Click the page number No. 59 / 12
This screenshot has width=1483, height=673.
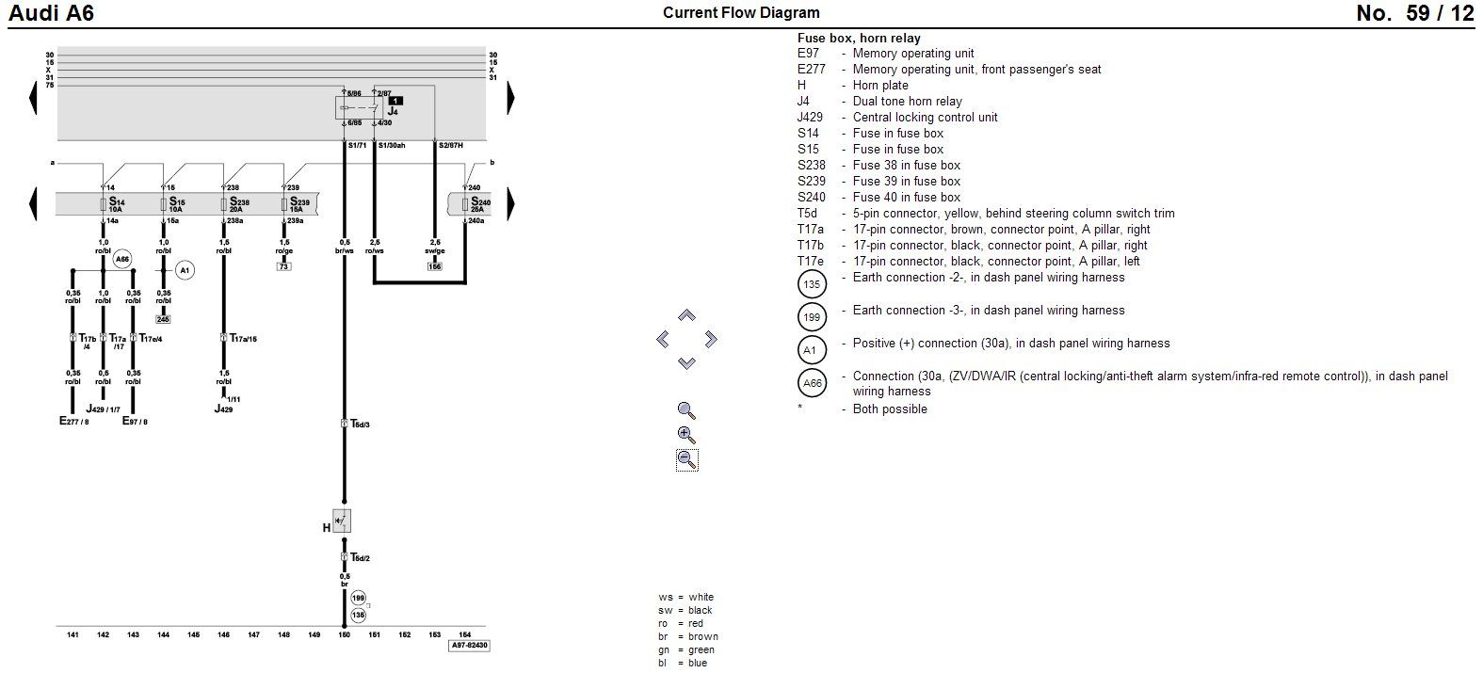pyautogui.click(x=1414, y=13)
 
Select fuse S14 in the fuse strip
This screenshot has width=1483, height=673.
pyautogui.click(x=113, y=204)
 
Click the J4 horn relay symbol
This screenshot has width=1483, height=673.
pyautogui.click(x=358, y=107)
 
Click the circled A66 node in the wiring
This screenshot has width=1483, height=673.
pyautogui.click(x=123, y=259)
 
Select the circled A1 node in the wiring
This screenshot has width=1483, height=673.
pyautogui.click(x=185, y=271)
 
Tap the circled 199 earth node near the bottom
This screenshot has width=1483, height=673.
pyautogui.click(x=358, y=598)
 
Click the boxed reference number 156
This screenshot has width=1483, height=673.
pyautogui.click(x=434, y=266)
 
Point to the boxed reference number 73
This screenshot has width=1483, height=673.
pyautogui.click(x=283, y=266)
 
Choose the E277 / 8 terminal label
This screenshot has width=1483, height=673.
pyautogui.click(x=74, y=422)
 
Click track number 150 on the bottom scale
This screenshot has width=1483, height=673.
pyautogui.click(x=344, y=635)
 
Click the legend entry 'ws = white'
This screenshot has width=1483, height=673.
pyautogui.click(x=685, y=597)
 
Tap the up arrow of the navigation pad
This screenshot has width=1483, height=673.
pyautogui.click(x=686, y=315)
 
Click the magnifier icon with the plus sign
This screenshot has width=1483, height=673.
pyautogui.click(x=686, y=435)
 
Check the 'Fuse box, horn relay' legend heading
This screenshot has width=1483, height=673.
pyautogui.click(x=859, y=39)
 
